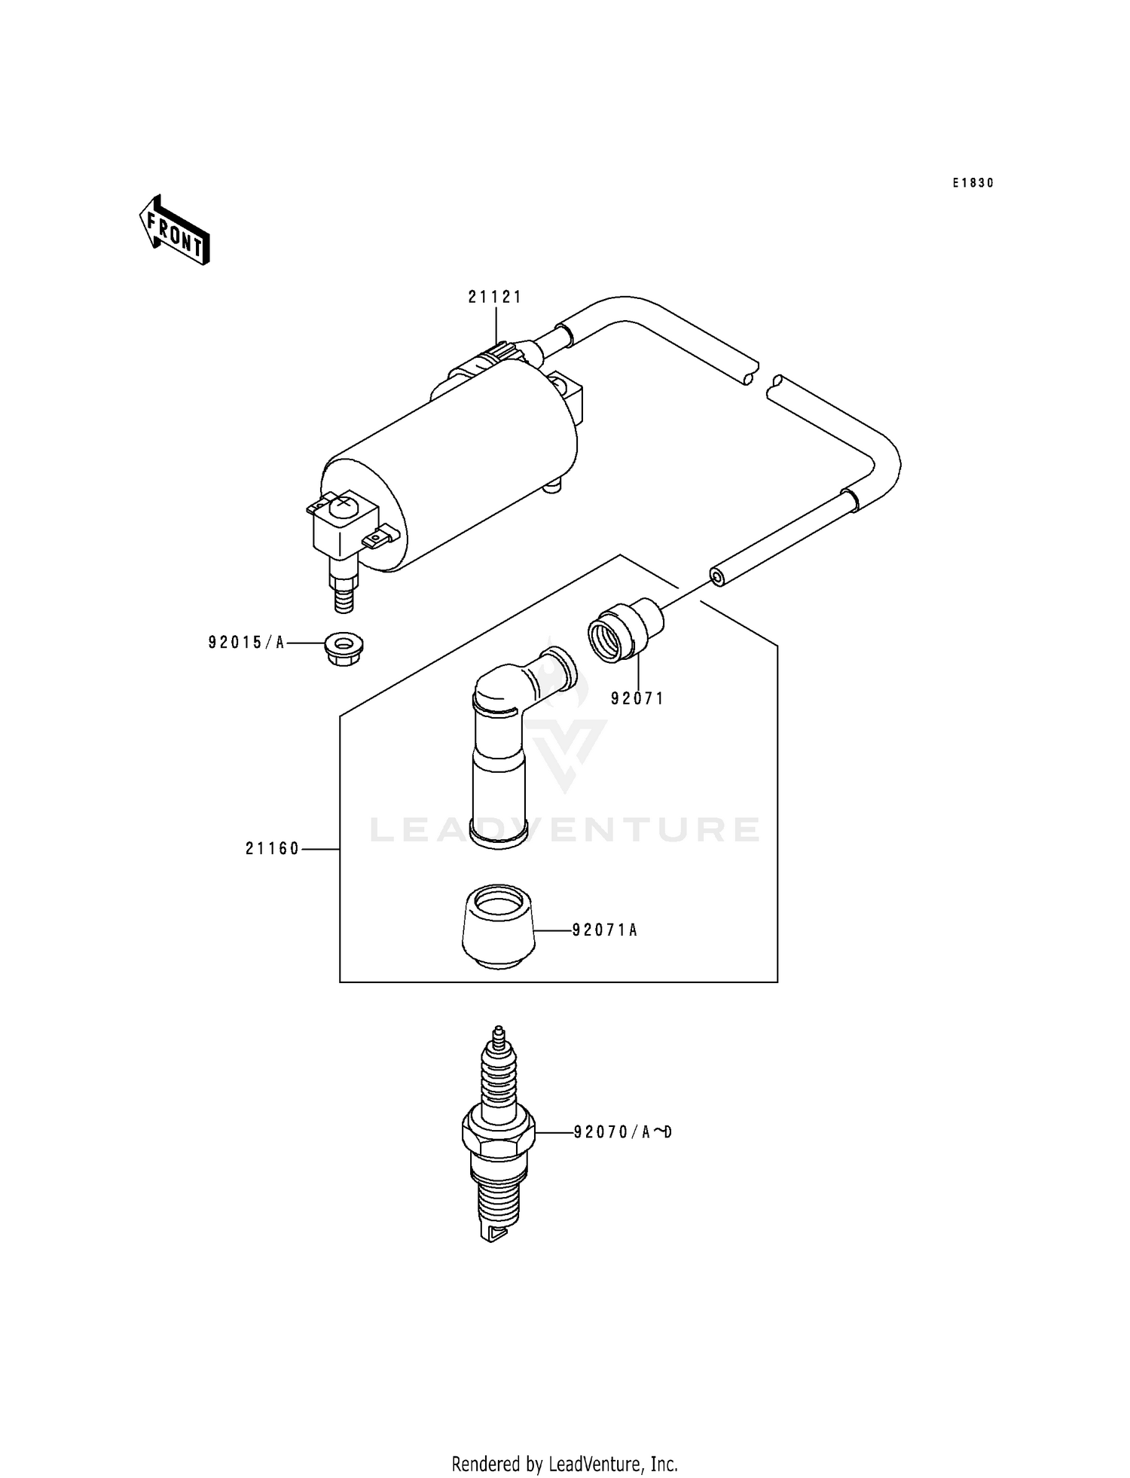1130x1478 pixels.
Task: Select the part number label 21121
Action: [494, 297]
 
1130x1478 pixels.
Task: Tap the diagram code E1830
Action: [973, 183]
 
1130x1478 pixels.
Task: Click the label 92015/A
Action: [247, 643]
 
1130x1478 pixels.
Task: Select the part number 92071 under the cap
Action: [637, 698]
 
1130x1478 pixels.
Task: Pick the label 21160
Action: [273, 849]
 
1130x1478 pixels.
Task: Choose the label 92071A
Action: [605, 930]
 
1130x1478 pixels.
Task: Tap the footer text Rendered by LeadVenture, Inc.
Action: [565, 1464]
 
